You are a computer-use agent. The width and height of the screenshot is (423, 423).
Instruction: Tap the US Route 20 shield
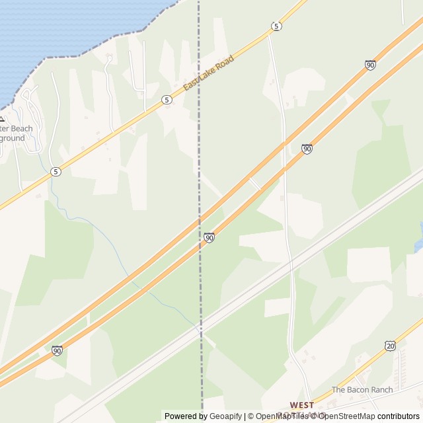391,346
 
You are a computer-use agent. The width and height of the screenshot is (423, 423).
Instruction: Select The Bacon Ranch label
362,390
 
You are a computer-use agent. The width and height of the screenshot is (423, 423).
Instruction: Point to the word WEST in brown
302,404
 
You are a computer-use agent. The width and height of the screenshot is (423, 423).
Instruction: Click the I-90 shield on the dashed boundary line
209,237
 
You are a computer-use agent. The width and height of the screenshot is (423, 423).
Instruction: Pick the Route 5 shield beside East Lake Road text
167,100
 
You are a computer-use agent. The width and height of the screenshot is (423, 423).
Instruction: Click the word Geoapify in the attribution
225,416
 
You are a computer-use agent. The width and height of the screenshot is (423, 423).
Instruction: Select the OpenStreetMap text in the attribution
346,416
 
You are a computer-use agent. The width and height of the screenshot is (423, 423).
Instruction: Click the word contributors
399,416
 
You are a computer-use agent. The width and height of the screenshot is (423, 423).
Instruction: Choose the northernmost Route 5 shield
276,26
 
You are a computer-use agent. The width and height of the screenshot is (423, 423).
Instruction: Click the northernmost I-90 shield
370,65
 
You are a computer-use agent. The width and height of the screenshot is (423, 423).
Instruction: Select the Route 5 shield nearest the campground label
56,171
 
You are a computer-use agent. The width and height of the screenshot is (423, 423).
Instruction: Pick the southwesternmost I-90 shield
58,350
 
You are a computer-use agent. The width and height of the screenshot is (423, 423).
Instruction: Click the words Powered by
186,416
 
